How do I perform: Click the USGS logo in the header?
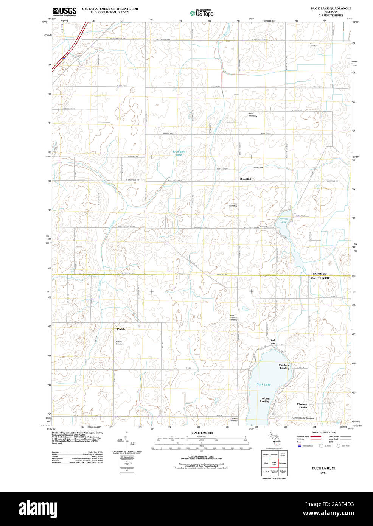coord(64,11)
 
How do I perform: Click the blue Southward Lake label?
coord(179,153)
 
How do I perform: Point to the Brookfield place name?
coord(246,179)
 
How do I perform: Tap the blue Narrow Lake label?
coord(283,220)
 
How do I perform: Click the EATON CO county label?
coord(320,274)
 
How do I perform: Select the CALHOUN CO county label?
coord(320,278)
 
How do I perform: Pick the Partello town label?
coord(121,329)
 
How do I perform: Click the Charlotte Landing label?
coord(284,367)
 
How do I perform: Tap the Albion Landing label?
coord(266,400)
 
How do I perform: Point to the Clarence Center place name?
coord(302,406)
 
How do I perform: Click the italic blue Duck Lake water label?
coord(264,384)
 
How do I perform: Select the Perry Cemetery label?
coord(252,115)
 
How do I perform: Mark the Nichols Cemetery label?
coord(234,419)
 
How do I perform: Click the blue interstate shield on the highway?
coord(64,58)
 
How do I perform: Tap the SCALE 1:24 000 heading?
coord(201,433)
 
